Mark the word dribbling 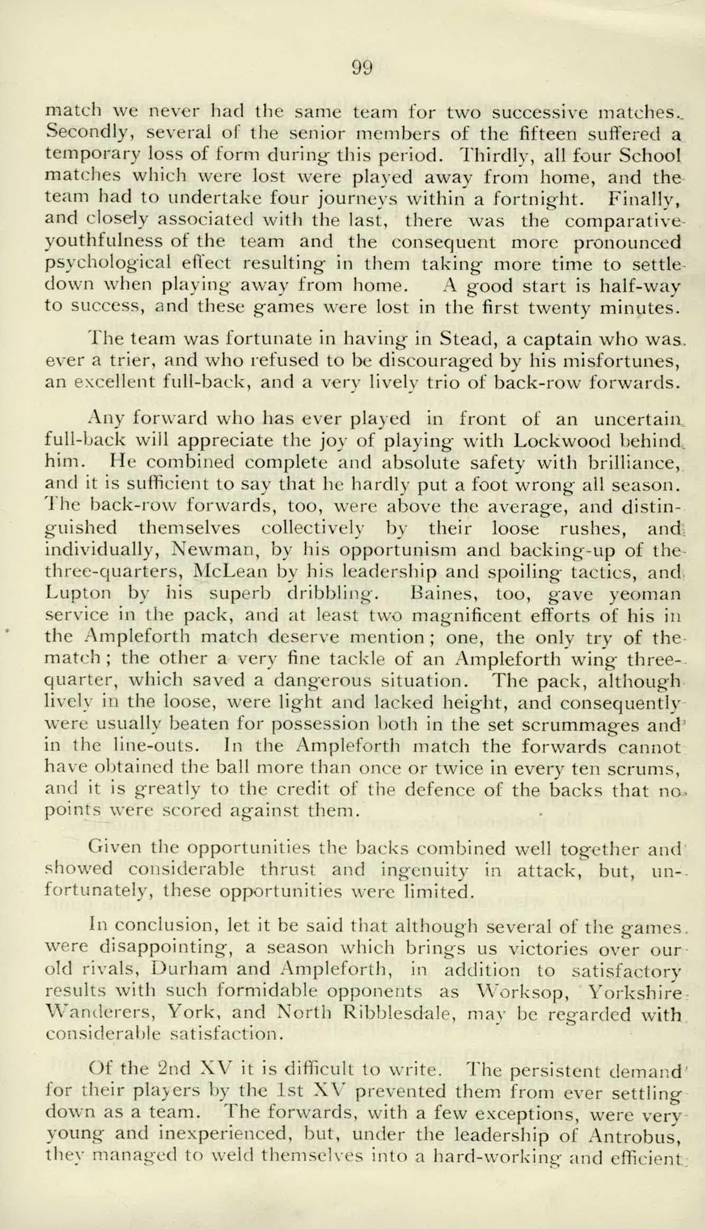tap(332, 595)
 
